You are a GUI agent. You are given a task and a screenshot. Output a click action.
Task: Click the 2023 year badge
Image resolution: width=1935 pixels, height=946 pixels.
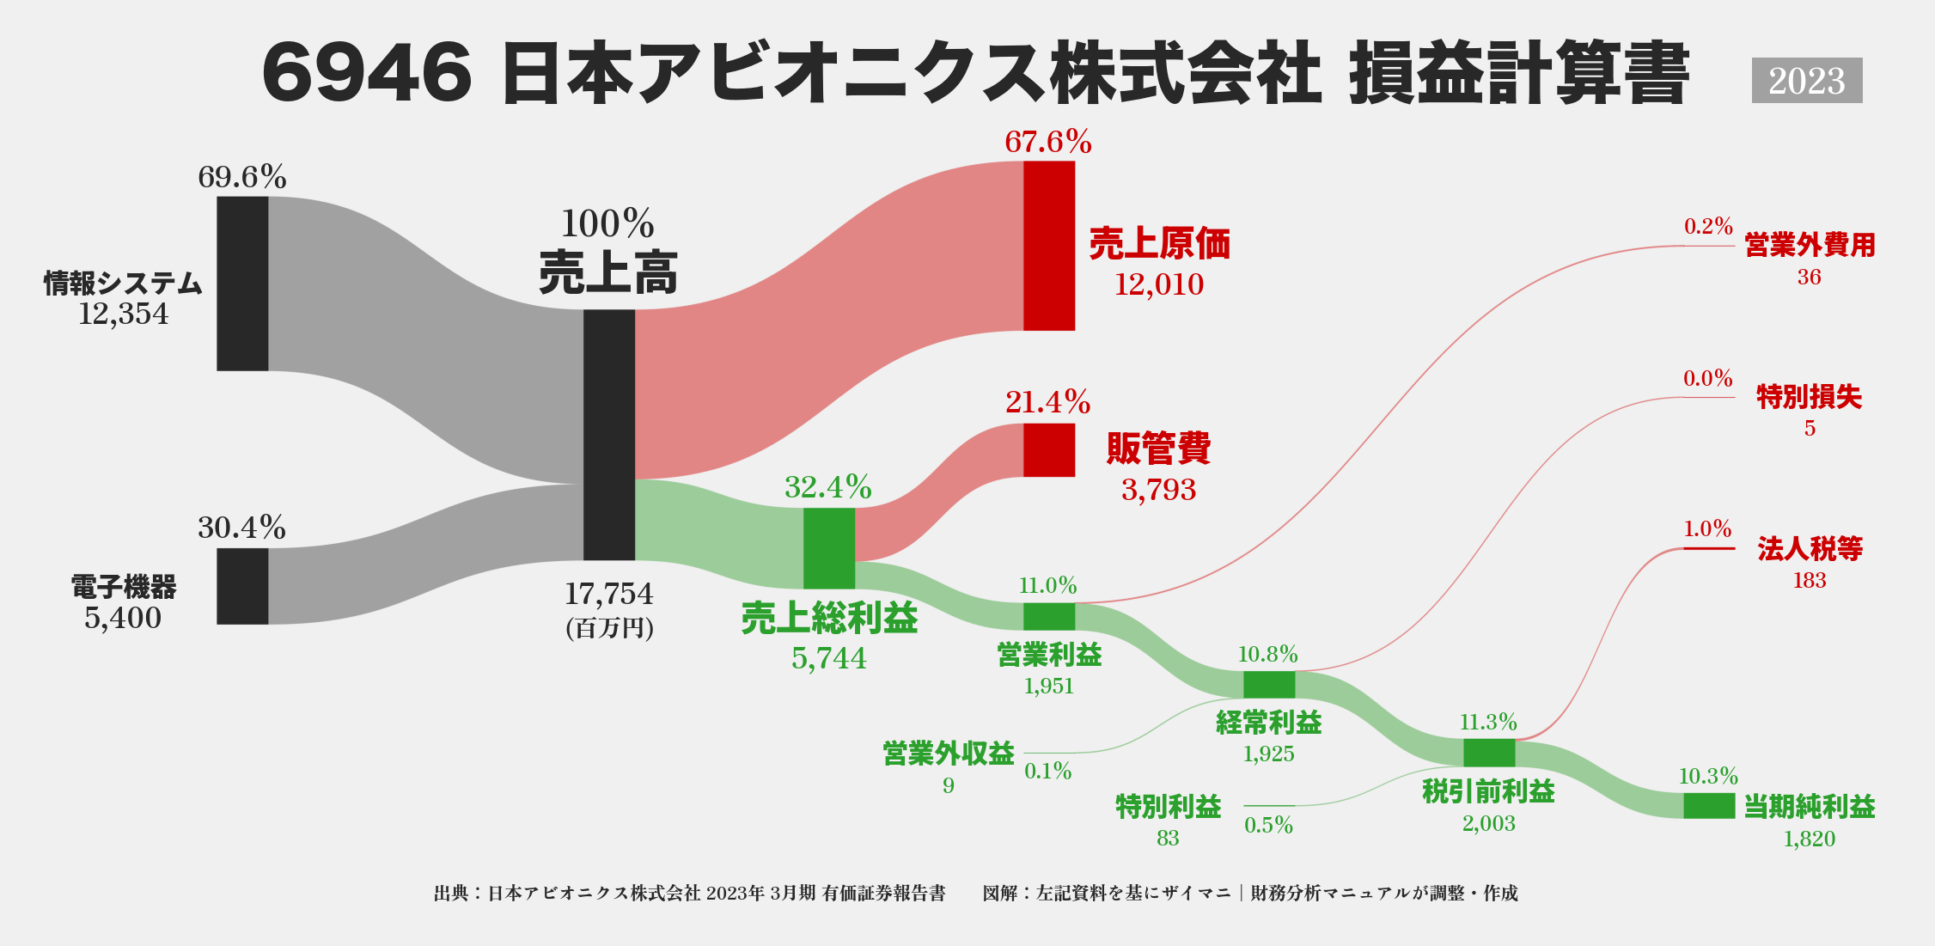pyautogui.click(x=1806, y=81)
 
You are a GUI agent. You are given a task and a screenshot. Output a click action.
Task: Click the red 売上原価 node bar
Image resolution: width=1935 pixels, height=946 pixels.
pyautogui.click(x=1048, y=246)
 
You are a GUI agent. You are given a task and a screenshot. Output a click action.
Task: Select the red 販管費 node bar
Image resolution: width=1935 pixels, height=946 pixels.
pyautogui.click(x=1048, y=449)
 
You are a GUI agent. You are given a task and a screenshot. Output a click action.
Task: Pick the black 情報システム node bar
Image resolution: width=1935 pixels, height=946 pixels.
pyautogui.click(x=242, y=284)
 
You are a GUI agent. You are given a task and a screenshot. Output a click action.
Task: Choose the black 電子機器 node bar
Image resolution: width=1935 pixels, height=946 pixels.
pyautogui.click(x=242, y=586)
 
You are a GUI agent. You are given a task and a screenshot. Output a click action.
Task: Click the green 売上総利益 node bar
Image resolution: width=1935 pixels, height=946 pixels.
pyautogui.click(x=828, y=548)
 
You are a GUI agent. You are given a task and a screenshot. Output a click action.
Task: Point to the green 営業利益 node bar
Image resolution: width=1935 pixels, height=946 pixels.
pyautogui.click(x=1048, y=616)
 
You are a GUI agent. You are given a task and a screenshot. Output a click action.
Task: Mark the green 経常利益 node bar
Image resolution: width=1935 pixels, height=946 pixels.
pyautogui.click(x=1268, y=685)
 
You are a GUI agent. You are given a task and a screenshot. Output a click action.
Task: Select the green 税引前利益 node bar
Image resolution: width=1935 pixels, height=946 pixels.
pyautogui.click(x=1488, y=753)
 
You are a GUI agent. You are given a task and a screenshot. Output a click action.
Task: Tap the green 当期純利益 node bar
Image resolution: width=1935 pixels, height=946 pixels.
pyautogui.click(x=1708, y=806)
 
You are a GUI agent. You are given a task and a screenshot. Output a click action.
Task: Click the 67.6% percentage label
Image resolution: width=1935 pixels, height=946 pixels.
pyautogui.click(x=1048, y=142)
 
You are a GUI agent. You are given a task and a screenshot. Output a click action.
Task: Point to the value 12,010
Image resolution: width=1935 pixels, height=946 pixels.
pyautogui.click(x=1158, y=284)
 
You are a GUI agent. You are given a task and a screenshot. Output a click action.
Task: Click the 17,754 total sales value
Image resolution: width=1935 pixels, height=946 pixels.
pyautogui.click(x=608, y=594)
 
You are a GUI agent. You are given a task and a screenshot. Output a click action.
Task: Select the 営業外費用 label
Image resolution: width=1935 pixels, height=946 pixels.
pyautogui.click(x=1810, y=246)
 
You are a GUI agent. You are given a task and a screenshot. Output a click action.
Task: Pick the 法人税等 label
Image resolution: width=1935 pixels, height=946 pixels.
pyautogui.click(x=1810, y=549)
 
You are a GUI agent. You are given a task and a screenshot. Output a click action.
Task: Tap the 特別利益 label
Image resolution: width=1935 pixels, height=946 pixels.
pyautogui.click(x=1168, y=807)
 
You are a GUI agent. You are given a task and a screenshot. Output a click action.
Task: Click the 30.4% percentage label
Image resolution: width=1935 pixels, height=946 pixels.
pyautogui.click(x=241, y=528)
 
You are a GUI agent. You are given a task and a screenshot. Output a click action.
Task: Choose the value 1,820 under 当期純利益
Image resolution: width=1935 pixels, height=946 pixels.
pyautogui.click(x=1809, y=839)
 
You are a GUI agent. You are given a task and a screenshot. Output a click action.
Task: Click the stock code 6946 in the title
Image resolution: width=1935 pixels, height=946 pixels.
pyautogui.click(x=367, y=74)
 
